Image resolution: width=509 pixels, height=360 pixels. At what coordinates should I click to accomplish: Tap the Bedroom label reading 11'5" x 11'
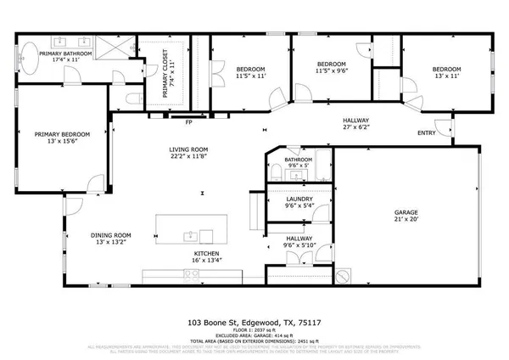(249, 72)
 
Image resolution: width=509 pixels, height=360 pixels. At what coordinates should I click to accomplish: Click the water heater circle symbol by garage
(344, 276)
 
